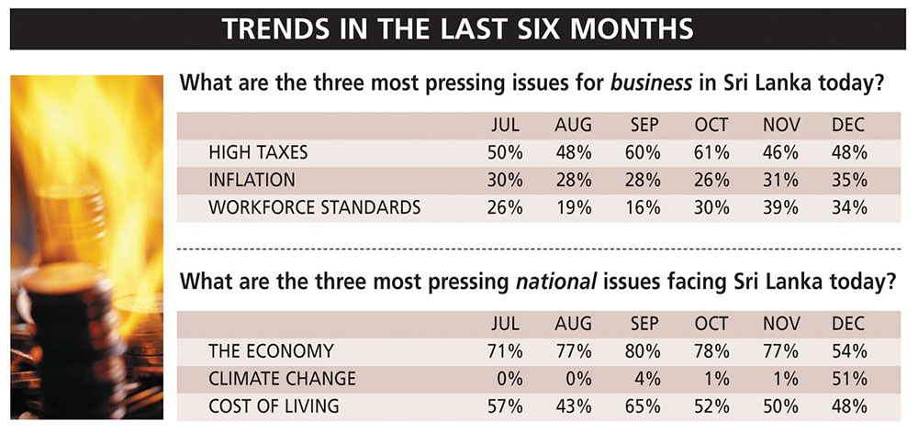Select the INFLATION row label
252,179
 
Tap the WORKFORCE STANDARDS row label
315,206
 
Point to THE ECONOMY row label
271,350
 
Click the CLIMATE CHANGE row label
282,378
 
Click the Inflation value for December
848,179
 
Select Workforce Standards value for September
643,206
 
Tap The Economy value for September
643,350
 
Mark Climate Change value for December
848,378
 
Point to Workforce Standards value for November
779,206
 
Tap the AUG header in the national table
573,325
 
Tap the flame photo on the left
87,248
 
